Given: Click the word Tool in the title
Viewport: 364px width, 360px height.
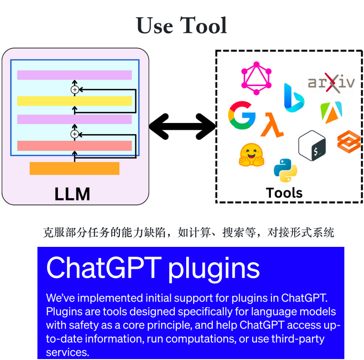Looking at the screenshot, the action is tap(204, 25).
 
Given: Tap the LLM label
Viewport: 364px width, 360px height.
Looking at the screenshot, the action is tap(72, 194).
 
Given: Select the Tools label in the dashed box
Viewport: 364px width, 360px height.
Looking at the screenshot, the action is tap(284, 193).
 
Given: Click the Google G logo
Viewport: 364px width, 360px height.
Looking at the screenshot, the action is tap(242, 115).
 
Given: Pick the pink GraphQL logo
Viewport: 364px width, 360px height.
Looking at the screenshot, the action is tap(256, 78).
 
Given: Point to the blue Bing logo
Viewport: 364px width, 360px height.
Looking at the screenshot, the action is tap(294, 97).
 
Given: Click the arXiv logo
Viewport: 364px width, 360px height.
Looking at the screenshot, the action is tap(331, 83).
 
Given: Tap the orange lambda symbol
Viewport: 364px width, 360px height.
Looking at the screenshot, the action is tap(272, 125).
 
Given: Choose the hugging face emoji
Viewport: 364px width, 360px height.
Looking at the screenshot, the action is tap(251, 155).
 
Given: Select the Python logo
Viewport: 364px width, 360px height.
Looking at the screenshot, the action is tap(285, 171).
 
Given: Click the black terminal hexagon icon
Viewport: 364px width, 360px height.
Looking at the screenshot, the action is tap(312, 145).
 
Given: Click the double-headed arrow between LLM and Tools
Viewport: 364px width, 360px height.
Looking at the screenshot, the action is tap(182, 126).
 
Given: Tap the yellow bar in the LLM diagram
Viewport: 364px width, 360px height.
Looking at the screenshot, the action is tap(74, 101).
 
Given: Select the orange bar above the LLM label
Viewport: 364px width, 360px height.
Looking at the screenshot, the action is tap(74, 168).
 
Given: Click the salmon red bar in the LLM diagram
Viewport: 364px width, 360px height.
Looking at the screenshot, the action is tap(74, 146).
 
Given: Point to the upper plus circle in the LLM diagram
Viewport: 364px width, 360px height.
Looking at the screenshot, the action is tap(75, 90).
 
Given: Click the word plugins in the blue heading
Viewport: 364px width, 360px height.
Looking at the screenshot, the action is tap(213, 270).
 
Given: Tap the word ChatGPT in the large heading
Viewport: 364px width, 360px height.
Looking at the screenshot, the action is tap(104, 267).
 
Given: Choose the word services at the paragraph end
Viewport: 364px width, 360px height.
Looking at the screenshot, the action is tap(67, 353).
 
